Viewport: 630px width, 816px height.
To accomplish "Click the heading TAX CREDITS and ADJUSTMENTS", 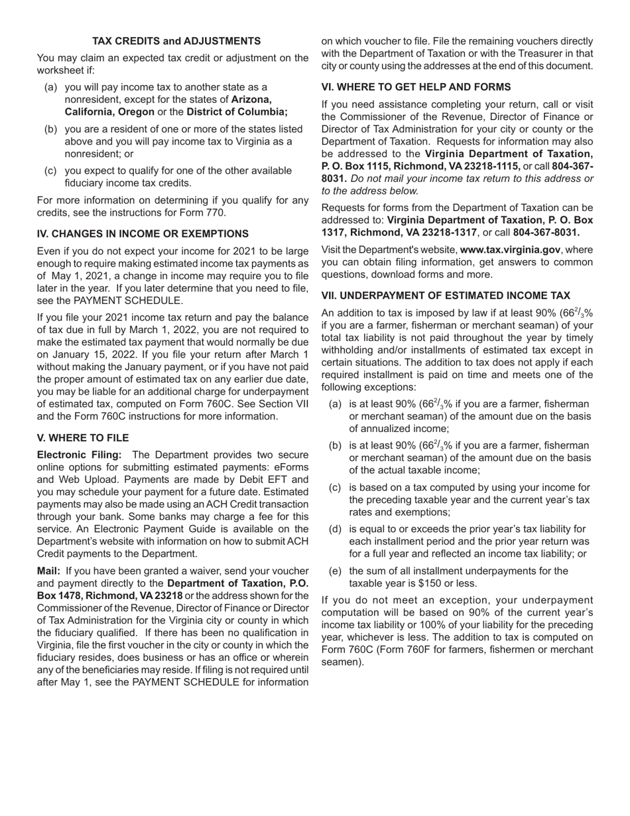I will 176,41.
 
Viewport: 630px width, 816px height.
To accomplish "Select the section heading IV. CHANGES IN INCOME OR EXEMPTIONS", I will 143,234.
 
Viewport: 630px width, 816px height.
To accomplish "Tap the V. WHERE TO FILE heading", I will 83,438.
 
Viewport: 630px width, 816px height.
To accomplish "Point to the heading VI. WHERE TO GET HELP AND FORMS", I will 416,87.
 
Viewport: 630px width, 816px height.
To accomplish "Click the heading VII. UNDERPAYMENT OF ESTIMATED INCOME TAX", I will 446,295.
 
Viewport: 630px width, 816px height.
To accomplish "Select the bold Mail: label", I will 48,571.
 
